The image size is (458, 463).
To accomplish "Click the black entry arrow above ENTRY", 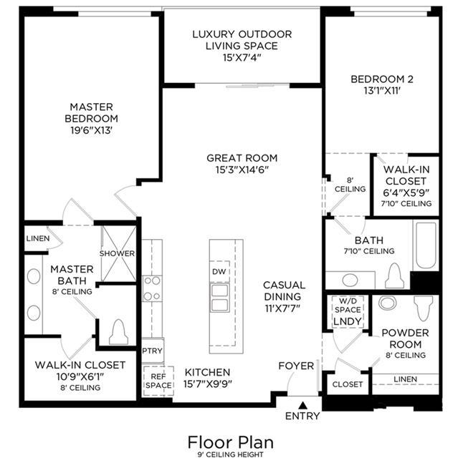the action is [302, 405].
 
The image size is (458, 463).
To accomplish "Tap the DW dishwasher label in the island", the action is [219, 272].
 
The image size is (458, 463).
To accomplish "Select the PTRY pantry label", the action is [152, 351].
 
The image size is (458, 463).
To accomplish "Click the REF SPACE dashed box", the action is [158, 381].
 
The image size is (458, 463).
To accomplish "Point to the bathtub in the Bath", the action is [426, 245].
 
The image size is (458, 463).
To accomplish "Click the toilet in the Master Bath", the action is [118, 332].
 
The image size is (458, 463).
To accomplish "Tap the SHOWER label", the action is [117, 253].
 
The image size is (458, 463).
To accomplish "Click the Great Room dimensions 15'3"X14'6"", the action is [242, 170].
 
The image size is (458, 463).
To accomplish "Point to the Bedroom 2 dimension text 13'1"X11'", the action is [382, 91].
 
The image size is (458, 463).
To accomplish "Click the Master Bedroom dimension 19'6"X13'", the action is [91, 130].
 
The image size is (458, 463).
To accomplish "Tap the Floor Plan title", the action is [231, 442].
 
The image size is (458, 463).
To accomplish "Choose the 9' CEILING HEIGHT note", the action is [230, 454].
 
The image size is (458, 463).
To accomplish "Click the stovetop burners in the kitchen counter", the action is [152, 288].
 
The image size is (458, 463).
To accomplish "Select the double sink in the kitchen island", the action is [220, 298].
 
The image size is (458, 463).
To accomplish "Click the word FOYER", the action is [296, 366].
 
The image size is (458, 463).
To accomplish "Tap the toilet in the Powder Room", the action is [423, 308].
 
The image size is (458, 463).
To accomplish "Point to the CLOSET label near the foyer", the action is [348, 384].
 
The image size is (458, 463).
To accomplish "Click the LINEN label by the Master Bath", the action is [38, 238].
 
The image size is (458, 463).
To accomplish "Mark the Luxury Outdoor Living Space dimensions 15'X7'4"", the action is [242, 57].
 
